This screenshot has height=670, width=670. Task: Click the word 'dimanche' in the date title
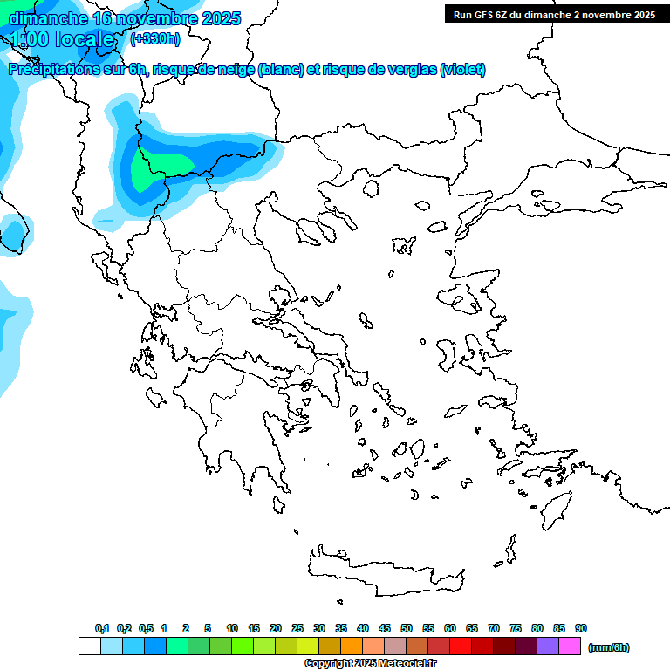tap(48, 18)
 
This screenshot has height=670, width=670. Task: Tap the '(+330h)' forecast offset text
tap(154, 38)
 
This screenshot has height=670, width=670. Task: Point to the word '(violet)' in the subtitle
tap(462, 70)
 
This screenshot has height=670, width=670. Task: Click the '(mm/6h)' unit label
tap(609, 647)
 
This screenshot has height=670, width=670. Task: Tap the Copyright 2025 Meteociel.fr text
tap(370, 664)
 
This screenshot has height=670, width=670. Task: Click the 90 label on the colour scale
tap(581, 628)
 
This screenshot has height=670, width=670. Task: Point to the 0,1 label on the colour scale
tap(102, 628)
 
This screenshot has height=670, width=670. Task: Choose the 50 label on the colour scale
tap(407, 628)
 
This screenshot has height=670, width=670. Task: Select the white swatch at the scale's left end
tap(90, 646)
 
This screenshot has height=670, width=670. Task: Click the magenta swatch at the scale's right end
tap(570, 646)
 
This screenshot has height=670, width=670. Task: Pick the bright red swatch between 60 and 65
tap(461, 646)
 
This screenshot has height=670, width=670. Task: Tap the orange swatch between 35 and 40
tap(352, 646)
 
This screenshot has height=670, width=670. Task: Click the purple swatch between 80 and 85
tap(548, 646)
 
